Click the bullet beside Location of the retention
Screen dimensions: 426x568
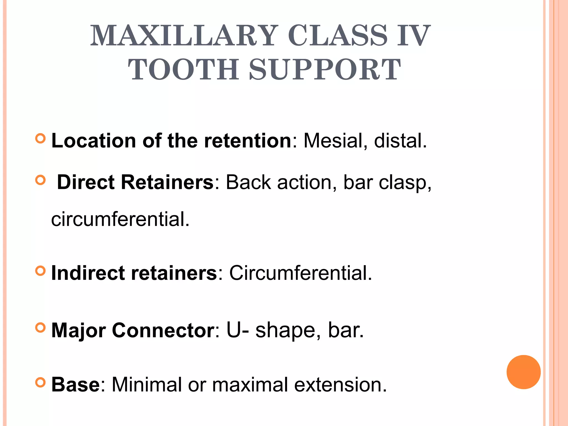(x=40, y=138)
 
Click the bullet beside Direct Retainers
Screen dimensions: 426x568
(x=40, y=180)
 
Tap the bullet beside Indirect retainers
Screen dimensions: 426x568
(x=40, y=271)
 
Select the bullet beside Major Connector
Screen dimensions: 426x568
(x=40, y=328)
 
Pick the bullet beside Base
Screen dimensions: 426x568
(x=40, y=383)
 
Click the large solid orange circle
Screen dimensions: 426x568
(x=523, y=372)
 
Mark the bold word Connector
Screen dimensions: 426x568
(x=163, y=330)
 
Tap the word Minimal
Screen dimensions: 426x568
(x=146, y=385)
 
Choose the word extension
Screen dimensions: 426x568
(x=340, y=385)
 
